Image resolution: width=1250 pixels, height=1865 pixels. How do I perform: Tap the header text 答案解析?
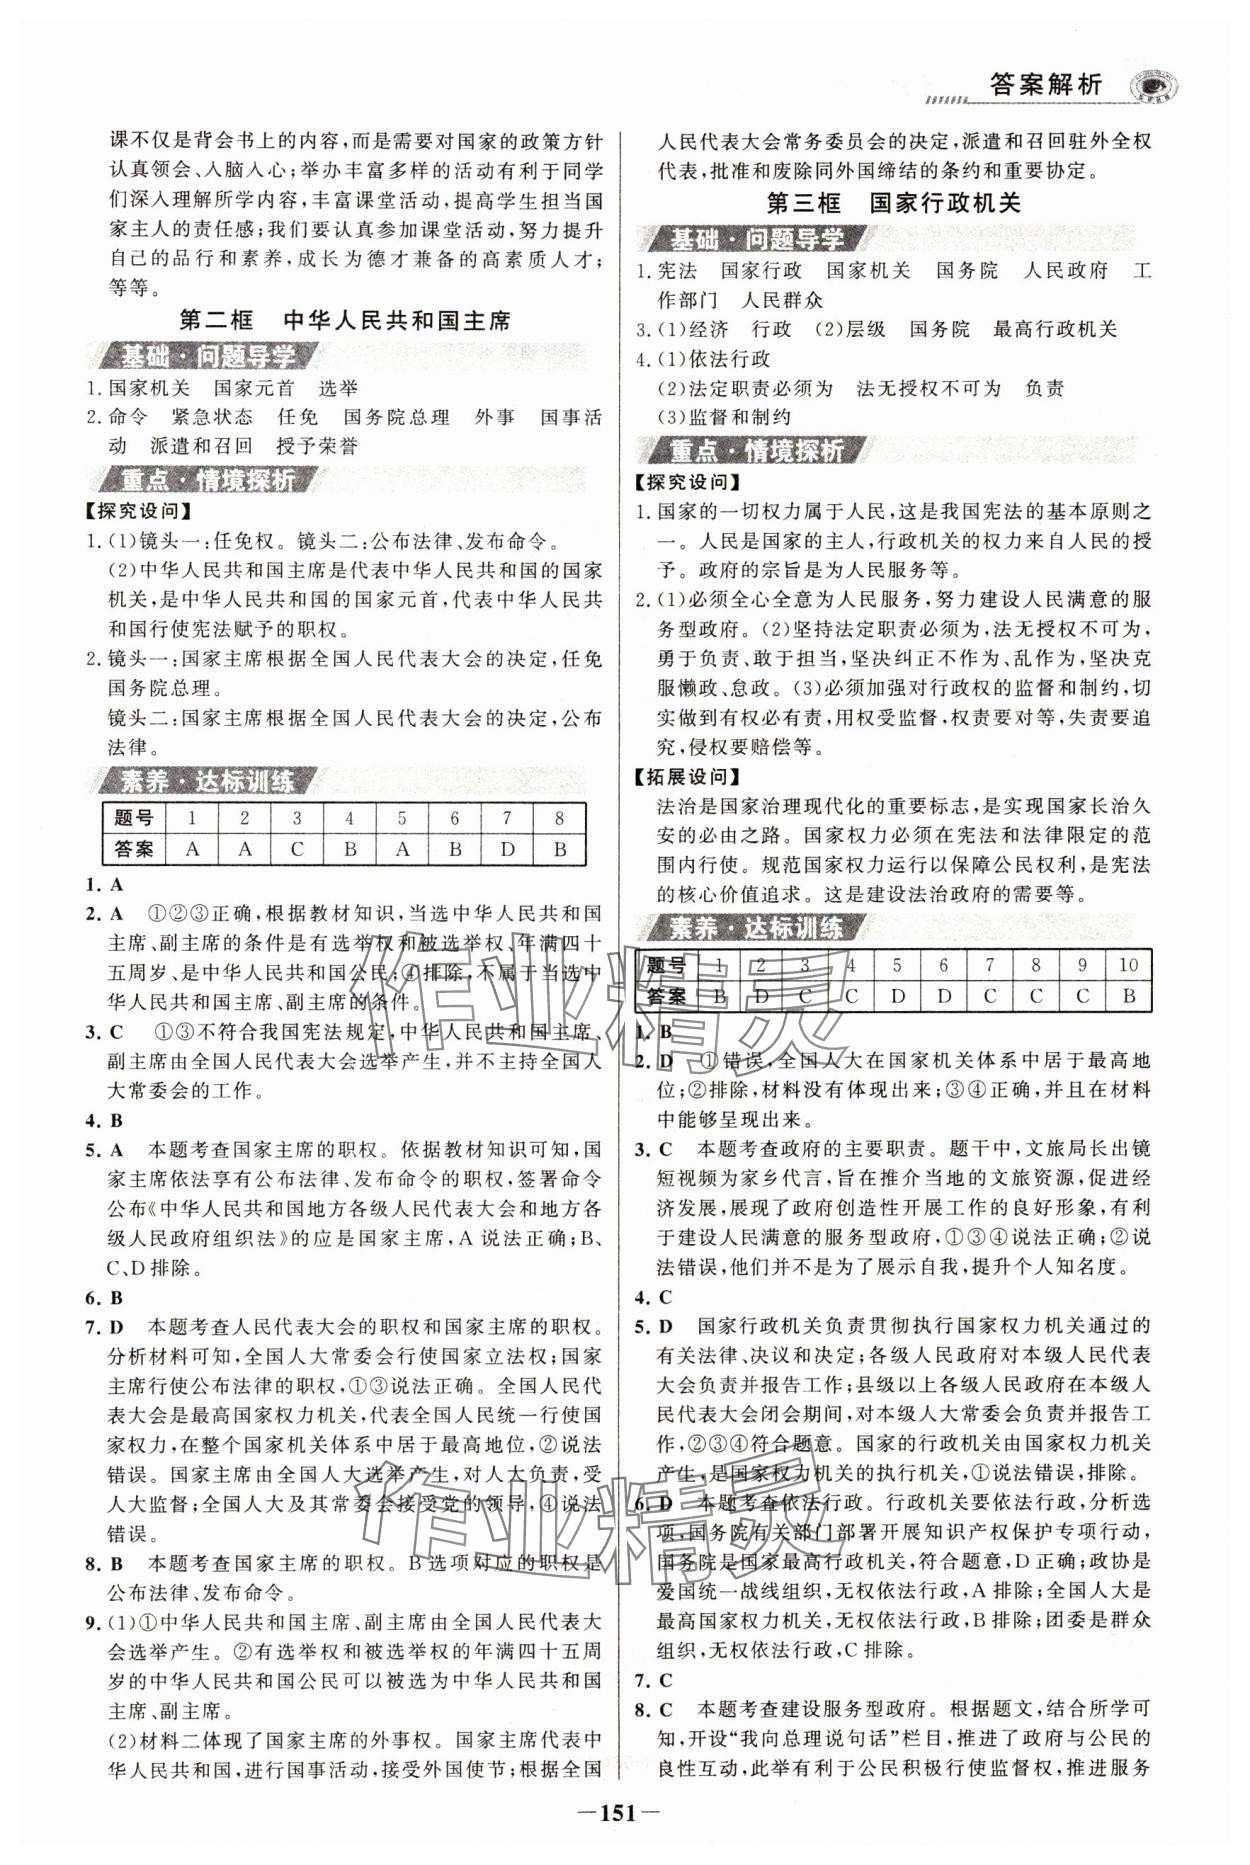(x=1044, y=85)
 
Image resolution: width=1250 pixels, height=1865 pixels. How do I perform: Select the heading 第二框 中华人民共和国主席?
(x=344, y=320)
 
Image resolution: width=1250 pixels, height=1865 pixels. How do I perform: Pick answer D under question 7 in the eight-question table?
(x=507, y=849)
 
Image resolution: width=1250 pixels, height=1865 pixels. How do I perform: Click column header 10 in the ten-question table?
(x=1128, y=965)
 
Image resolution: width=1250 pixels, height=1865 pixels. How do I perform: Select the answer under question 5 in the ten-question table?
(x=897, y=996)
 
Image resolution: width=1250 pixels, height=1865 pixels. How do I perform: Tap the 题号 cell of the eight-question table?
(x=134, y=818)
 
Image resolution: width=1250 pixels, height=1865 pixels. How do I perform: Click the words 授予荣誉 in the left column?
(x=317, y=446)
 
